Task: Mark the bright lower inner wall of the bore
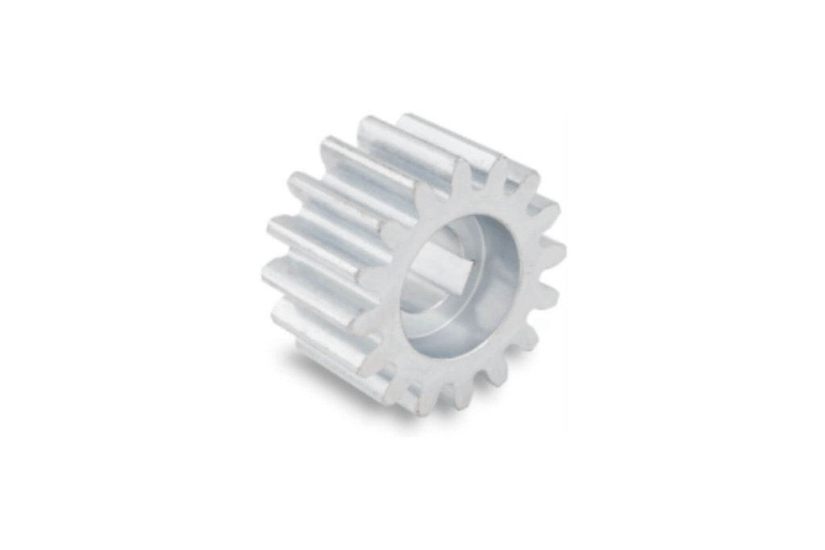(451, 338)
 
